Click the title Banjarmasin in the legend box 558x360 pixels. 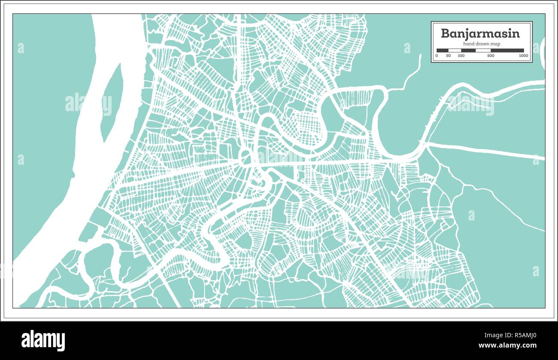[x=480, y=33]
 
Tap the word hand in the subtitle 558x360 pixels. [x=468, y=44]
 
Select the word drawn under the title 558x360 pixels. [x=482, y=44]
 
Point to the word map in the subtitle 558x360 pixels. [x=494, y=44]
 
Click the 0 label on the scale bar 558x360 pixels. [x=437, y=56]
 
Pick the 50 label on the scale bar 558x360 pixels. [x=448, y=56]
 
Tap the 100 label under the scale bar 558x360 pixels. [x=461, y=56]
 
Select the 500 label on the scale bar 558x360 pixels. [x=491, y=56]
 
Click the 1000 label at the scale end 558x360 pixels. [x=523, y=56]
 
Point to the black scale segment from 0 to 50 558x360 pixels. [x=443, y=50]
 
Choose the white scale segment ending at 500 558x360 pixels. [x=483, y=50]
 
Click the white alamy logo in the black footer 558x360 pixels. [x=43, y=340]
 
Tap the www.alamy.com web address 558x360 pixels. [x=507, y=345]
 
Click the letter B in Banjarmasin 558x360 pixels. [x=445, y=33]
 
